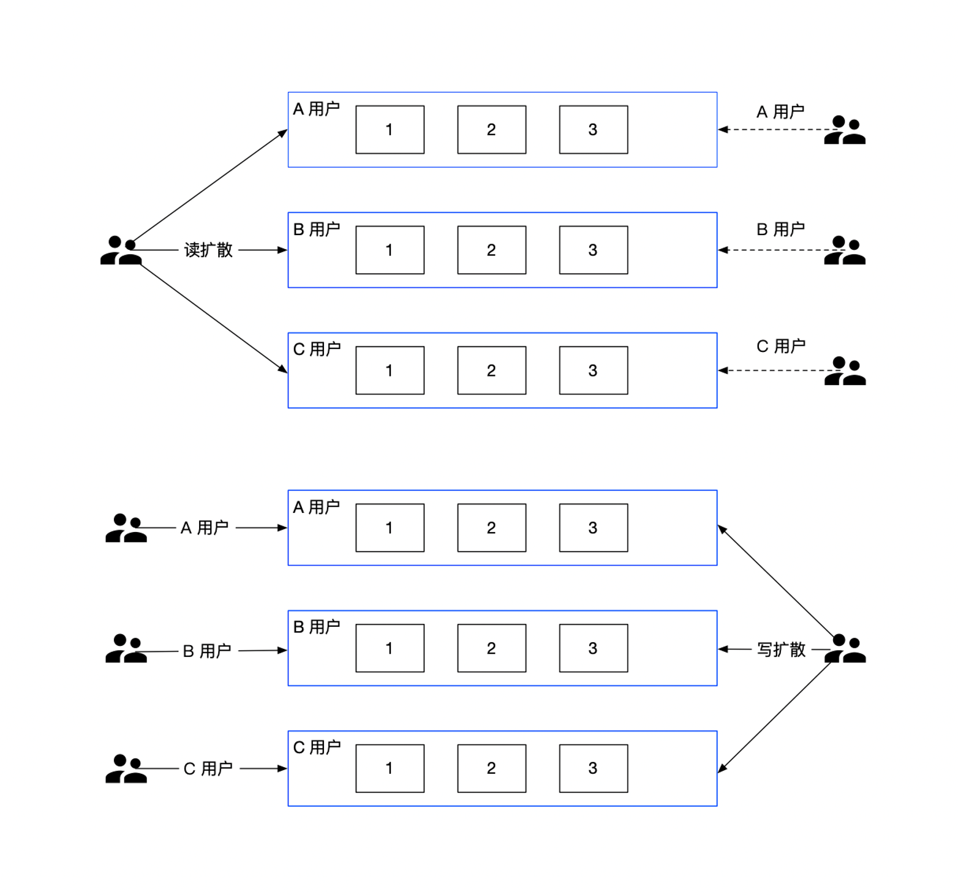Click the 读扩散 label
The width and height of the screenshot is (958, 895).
click(208, 250)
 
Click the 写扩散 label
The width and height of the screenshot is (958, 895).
click(781, 649)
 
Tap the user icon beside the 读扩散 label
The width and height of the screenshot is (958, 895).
click(121, 250)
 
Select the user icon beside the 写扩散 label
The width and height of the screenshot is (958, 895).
click(845, 649)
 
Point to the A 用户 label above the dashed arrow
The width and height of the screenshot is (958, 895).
click(780, 112)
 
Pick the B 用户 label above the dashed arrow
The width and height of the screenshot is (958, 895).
click(780, 230)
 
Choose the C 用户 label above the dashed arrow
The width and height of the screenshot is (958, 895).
click(780, 346)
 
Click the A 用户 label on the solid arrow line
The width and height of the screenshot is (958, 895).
click(205, 527)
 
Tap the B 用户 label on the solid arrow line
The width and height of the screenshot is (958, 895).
click(207, 651)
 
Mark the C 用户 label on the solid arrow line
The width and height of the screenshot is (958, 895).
click(208, 768)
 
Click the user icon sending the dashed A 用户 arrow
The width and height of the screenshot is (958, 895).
click(845, 130)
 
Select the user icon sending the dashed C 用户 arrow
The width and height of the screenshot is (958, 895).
click(845, 371)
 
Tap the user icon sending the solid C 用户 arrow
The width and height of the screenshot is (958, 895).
click(126, 769)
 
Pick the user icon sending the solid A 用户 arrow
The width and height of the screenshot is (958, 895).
click(126, 528)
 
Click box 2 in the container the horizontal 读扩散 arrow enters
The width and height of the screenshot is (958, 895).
click(491, 250)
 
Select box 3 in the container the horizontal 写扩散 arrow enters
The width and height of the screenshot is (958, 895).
click(593, 648)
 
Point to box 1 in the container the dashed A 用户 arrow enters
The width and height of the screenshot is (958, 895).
click(390, 130)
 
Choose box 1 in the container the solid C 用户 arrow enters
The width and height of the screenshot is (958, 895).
click(390, 768)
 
